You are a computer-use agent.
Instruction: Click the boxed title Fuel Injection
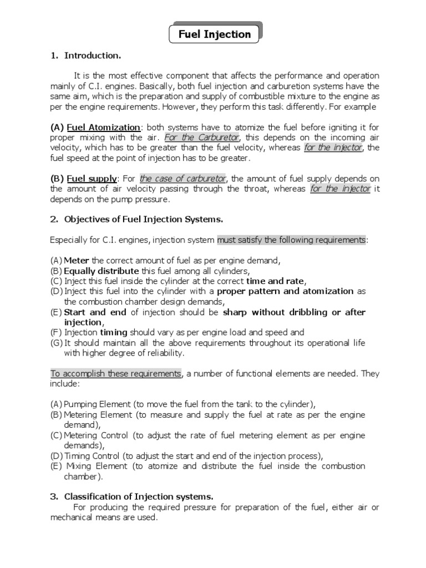[214, 34]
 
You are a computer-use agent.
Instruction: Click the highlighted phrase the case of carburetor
[183, 179]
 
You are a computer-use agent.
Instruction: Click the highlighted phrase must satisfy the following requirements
[291, 240]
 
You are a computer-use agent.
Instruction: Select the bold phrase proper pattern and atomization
[285, 291]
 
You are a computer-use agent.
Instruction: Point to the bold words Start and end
[96, 312]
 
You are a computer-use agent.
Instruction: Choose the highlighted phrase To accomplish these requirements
[116, 373]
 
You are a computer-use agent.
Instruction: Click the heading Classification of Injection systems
[139, 496]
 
